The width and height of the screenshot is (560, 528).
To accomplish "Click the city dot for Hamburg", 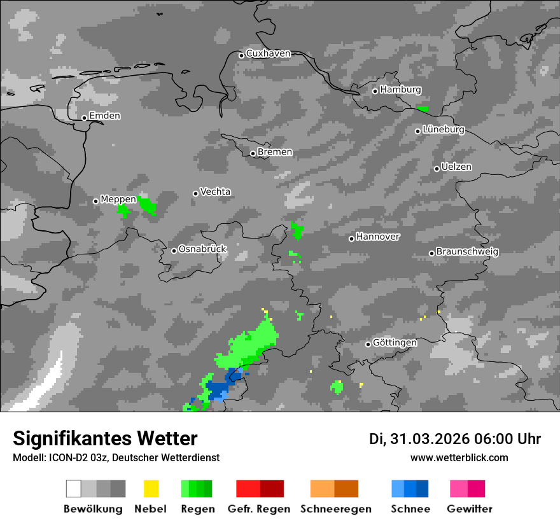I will (x=375, y=91).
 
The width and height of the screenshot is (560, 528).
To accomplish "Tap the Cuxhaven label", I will (x=268, y=53).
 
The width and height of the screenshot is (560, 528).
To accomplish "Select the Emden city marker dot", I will (x=84, y=118).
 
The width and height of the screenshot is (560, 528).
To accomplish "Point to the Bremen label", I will (x=275, y=152).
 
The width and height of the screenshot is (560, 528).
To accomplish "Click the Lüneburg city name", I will (x=444, y=129).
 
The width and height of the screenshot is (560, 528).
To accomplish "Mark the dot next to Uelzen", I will (x=437, y=169).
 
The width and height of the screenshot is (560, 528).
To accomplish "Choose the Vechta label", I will (x=215, y=191).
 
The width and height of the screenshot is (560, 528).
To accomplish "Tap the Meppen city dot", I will (x=95, y=201).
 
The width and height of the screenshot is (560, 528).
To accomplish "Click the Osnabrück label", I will (x=202, y=249).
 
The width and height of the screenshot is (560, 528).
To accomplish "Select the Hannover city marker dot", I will (x=351, y=239).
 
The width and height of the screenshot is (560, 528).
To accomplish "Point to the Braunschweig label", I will (x=467, y=251).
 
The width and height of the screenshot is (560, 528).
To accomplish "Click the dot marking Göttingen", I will (x=368, y=344).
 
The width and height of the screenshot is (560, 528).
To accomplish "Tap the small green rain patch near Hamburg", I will (x=423, y=109).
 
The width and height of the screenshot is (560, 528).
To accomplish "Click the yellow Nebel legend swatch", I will (x=151, y=489).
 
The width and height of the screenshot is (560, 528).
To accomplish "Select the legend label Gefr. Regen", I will (x=259, y=509).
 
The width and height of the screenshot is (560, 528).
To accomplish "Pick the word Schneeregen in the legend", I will (x=336, y=509).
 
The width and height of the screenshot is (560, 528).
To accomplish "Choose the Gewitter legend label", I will (x=470, y=509).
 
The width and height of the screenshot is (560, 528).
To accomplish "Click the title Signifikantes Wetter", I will (x=105, y=438).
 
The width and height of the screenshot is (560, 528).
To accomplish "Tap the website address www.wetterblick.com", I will (x=459, y=457).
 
